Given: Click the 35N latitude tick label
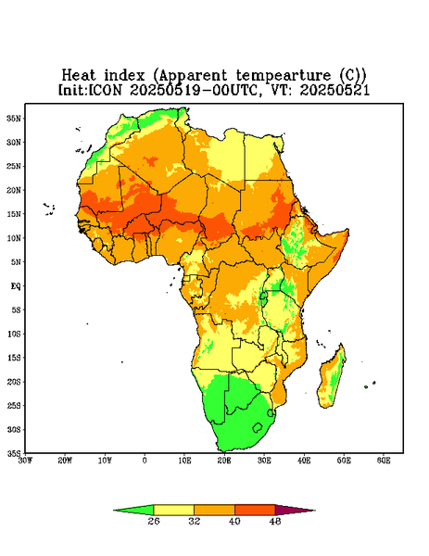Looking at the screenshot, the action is click(14, 118).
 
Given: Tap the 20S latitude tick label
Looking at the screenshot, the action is click(14, 382).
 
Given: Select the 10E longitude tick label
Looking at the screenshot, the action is click(184, 461).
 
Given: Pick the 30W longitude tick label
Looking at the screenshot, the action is click(25, 461).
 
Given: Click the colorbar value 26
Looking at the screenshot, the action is click(154, 521).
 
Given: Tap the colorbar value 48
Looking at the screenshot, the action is click(275, 521).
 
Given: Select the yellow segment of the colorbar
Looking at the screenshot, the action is click(173, 510).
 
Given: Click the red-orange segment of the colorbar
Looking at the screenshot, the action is click(255, 510).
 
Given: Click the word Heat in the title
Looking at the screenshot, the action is click(79, 76).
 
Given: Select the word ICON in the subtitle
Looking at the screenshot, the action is click(105, 90).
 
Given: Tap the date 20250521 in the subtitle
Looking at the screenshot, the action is click(334, 90).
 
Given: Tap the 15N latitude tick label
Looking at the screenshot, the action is click(14, 214).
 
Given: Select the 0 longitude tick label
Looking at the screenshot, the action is click(145, 461).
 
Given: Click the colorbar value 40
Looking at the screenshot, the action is click(234, 521).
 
